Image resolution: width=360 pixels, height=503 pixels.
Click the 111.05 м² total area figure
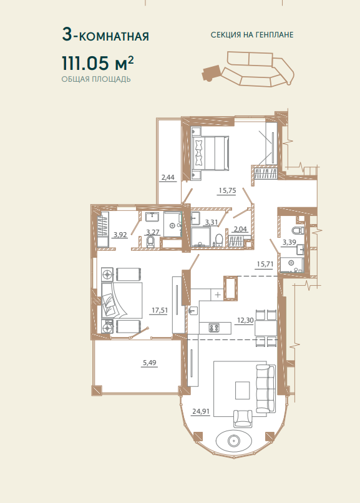coord(97,62)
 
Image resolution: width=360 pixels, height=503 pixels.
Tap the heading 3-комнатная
coord(105,35)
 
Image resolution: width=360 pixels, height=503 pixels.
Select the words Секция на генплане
coord(252,35)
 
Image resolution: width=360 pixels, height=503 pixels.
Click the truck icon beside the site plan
coord(212,73)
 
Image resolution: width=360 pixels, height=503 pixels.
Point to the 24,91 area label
coord(201,411)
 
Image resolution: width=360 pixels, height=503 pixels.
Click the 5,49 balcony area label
coord(149,363)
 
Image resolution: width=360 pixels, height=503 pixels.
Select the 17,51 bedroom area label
coord(160,310)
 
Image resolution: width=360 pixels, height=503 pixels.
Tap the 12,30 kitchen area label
coord(245,320)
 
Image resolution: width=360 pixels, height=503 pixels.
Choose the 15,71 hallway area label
coord(265,264)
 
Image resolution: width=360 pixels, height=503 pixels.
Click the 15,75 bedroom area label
coord(227,190)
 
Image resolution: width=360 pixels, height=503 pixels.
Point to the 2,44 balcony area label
coord(168,177)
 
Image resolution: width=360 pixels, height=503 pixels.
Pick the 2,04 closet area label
coord(240,229)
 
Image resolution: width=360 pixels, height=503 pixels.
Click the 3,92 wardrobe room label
coord(120,235)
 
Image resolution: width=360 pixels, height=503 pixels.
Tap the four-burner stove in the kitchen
coord(214,328)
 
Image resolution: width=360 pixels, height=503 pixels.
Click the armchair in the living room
coord(243,418)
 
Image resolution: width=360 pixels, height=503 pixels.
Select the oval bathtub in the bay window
coord(235,441)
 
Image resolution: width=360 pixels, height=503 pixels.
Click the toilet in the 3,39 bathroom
coord(298,230)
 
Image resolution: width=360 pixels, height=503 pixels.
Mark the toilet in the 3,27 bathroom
coord(150,242)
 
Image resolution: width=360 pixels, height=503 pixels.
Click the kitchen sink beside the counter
coord(193,311)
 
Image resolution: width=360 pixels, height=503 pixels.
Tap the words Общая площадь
coord(96,79)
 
